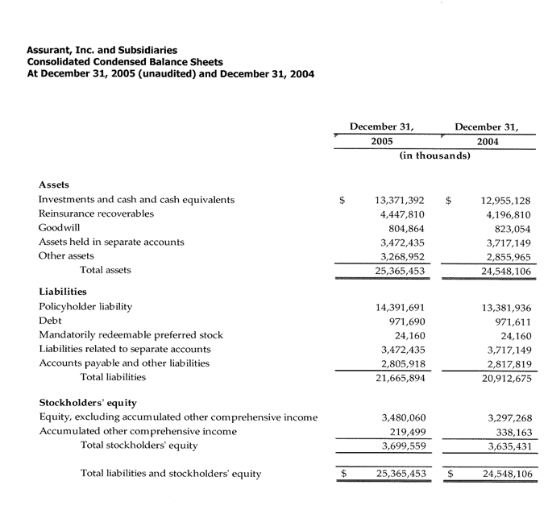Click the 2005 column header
coord(381,142)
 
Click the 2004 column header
coord(487,142)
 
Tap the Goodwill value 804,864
coord(402,228)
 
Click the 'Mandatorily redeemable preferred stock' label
coord(131,335)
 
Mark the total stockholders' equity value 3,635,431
coord(507,446)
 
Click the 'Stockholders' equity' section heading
coord(88,403)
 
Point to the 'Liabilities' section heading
coord(63,292)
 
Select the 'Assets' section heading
coord(53,184)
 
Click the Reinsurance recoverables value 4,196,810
coord(507,214)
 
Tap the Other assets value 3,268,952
coord(402,257)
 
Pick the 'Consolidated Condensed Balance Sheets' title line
coord(125,62)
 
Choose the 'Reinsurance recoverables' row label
coord(96,214)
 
